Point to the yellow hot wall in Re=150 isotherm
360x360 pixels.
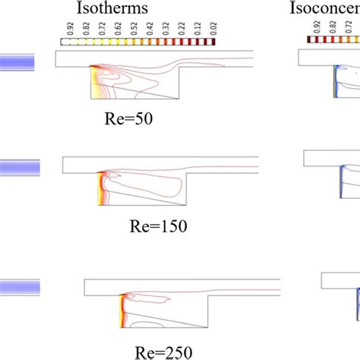click(100, 190)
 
